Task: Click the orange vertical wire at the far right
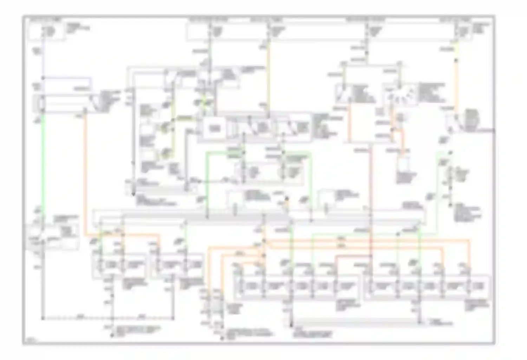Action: point(456,88)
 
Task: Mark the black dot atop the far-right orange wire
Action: point(456,60)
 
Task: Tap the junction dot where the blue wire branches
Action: point(43,78)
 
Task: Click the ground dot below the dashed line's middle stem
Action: point(112,335)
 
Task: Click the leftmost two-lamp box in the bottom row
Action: point(118,265)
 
